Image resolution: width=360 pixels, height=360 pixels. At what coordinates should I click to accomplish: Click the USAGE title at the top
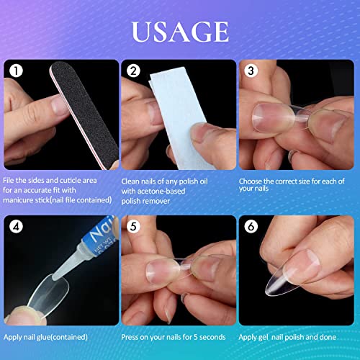tap(179, 33)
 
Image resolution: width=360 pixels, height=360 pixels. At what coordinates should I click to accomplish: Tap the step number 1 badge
tap(17, 71)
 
